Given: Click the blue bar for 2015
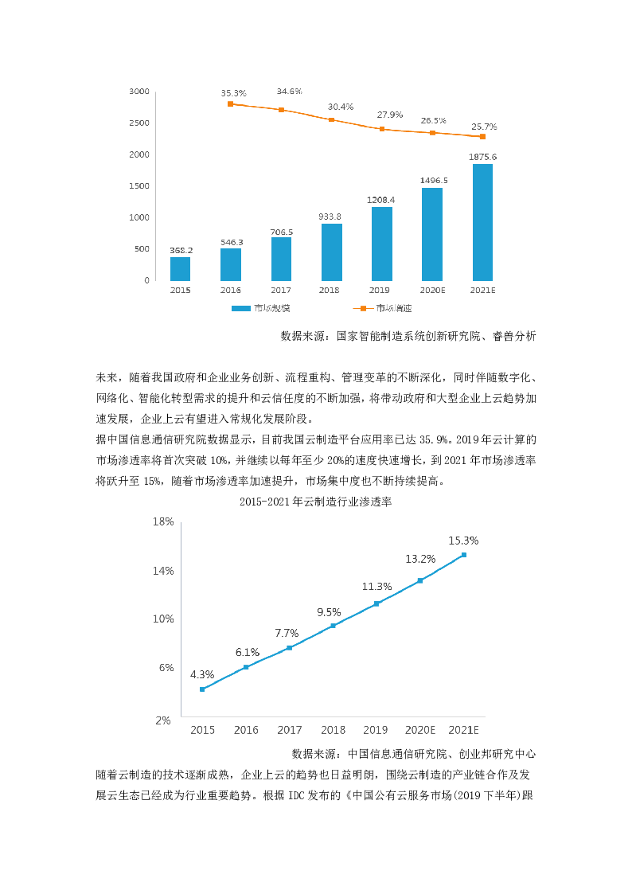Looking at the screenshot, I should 180,268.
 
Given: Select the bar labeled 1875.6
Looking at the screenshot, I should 482,222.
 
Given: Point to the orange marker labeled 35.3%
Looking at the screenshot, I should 231,104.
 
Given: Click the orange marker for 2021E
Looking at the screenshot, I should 482,137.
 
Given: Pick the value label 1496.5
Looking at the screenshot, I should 434,181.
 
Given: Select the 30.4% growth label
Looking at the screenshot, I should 341,107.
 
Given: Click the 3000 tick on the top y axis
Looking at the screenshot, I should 139,92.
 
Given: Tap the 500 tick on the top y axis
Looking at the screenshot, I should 142,249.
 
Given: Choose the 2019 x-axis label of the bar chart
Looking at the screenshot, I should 379,291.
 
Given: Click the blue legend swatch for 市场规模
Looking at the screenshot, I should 241,308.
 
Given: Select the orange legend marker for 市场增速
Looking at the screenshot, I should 363,308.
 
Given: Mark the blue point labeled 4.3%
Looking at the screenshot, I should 203,689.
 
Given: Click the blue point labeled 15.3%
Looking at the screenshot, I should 463,556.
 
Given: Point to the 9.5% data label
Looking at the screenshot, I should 329,612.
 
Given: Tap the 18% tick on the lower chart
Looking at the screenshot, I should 163,521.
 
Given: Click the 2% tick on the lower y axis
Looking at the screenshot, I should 163,720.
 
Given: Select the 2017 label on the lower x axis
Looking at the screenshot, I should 290,730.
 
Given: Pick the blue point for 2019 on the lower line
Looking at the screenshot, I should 376,603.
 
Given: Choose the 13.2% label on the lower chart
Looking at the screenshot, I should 420,559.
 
